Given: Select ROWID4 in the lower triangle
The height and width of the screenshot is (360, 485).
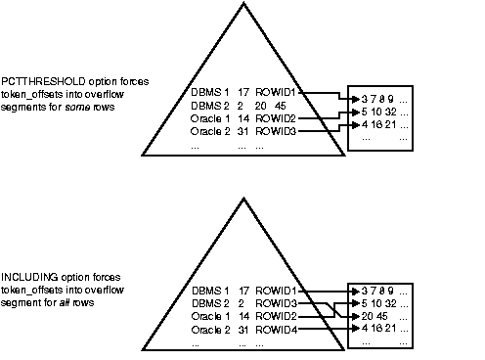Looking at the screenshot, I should [277, 333].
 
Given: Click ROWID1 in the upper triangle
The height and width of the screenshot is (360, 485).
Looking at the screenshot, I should [277, 93].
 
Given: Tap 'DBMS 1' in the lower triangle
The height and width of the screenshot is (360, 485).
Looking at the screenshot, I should [210, 292].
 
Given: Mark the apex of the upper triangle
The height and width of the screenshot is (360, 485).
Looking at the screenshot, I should [240, 3].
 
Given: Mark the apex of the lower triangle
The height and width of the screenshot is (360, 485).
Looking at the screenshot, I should [240, 202].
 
